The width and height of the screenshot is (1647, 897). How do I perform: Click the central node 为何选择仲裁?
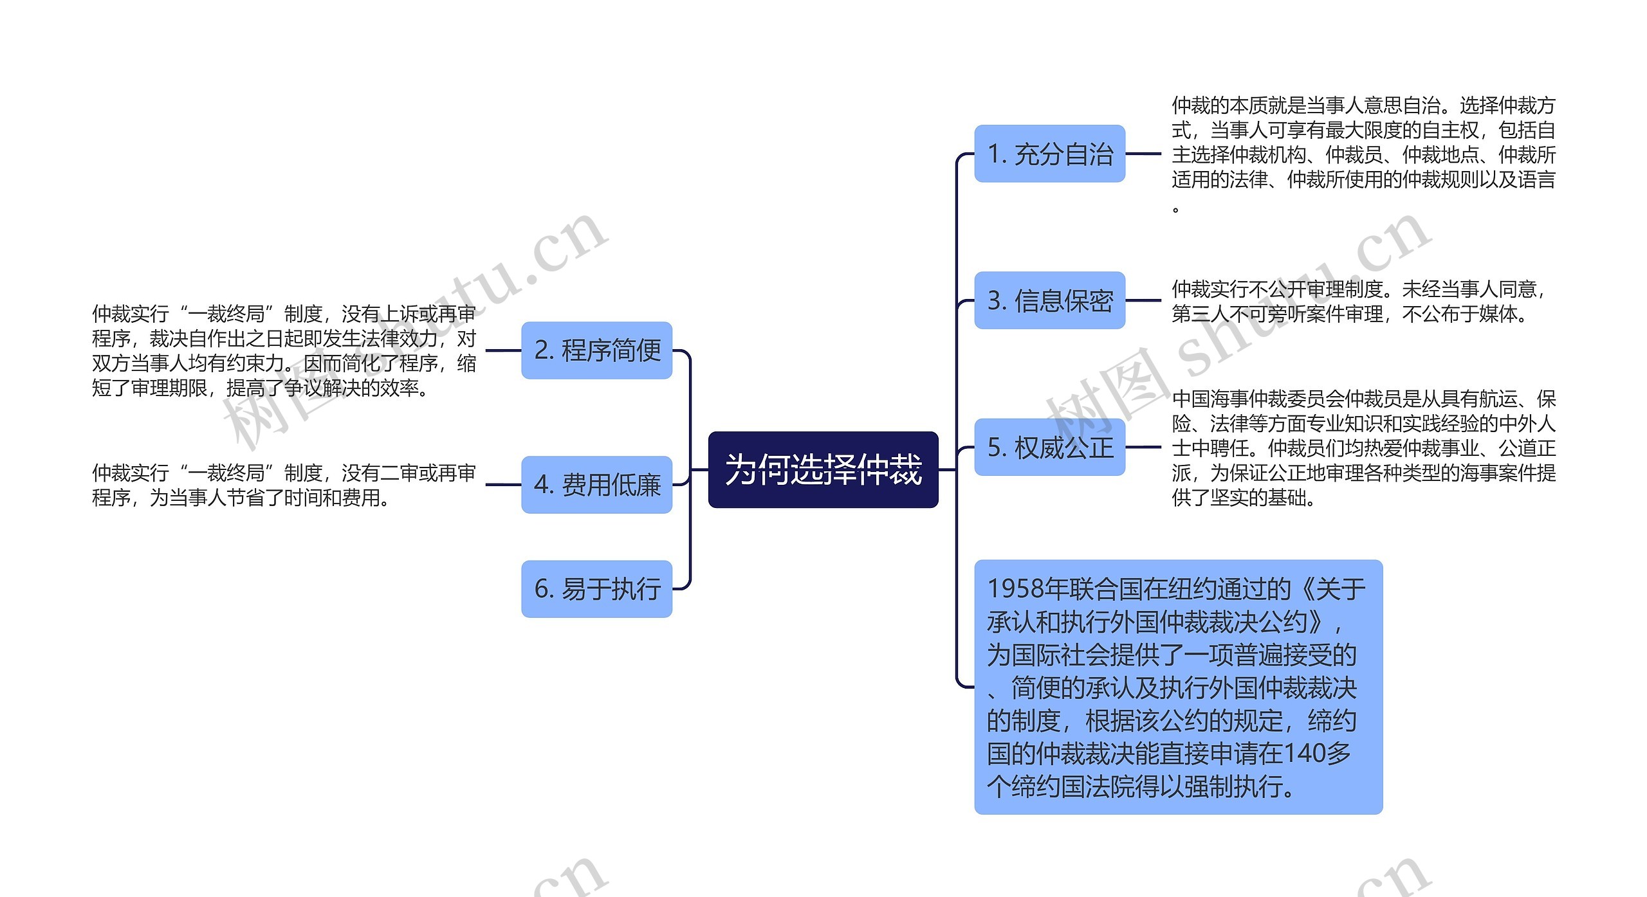tap(823, 469)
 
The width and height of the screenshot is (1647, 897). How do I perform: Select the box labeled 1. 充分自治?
tap(1049, 154)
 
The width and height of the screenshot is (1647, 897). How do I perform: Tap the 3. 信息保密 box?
tap(1049, 300)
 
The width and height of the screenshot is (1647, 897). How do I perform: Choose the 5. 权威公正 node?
tap(1049, 447)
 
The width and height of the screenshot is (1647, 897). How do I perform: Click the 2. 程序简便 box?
tap(596, 350)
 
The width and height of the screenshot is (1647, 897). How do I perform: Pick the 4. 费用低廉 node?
tap(596, 484)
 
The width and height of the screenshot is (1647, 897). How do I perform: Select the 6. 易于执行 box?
tap(596, 588)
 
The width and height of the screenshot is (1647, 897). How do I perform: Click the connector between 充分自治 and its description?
tap(1143, 154)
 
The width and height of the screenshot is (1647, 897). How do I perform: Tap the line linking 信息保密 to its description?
tap(1143, 300)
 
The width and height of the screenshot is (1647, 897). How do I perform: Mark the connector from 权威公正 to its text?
tap(1143, 447)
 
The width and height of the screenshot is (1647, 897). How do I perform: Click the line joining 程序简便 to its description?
tap(503, 350)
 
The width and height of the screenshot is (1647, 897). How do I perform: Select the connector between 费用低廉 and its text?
tap(503, 484)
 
